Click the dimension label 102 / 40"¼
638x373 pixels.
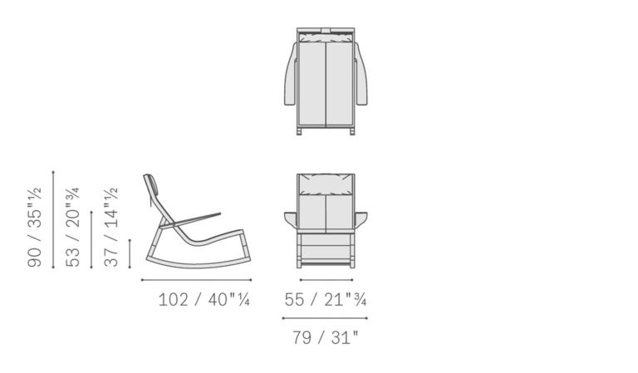[204, 300]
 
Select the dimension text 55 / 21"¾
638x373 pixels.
[325, 300]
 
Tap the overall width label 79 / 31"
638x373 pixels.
[325, 337]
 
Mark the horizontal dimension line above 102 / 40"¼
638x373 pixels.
[196, 280]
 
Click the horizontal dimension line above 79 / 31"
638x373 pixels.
[325, 317]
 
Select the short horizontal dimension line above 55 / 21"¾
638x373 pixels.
[326, 280]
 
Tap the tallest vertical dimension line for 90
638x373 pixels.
[53, 220]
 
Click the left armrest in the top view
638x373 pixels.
[291, 75]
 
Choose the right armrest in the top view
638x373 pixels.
[361, 75]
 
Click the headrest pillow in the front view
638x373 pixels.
[326, 184]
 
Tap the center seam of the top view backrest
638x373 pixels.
[326, 83]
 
